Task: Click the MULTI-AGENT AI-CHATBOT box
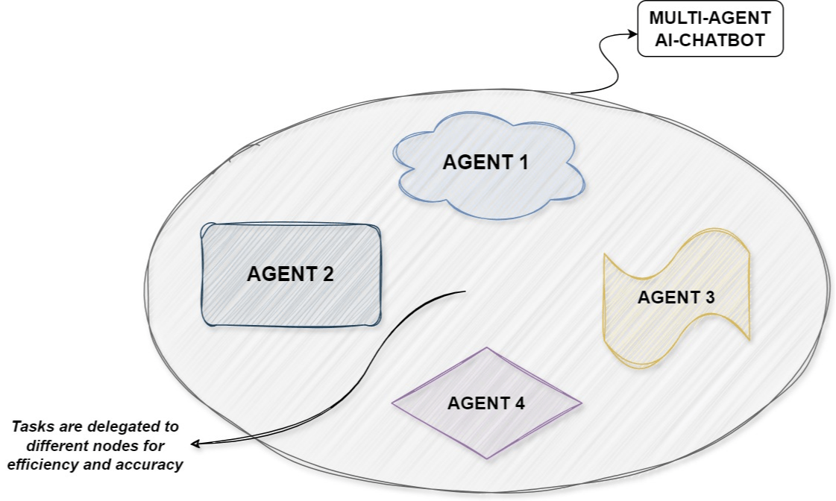point(710,29)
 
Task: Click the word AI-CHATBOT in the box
point(710,40)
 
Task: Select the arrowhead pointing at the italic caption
point(195,444)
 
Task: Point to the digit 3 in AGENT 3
point(709,297)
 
